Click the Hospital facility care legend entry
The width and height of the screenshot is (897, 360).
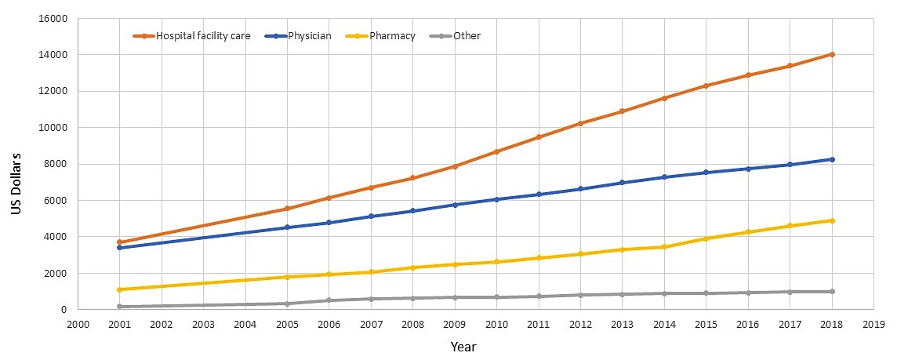(x=202, y=35)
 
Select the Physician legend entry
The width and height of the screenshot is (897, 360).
(x=309, y=35)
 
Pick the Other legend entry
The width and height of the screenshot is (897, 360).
(x=467, y=35)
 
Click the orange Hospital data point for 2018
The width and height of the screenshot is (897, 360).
(x=832, y=54)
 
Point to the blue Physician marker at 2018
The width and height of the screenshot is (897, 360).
(x=832, y=159)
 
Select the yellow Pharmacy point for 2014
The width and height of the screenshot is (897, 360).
(x=664, y=247)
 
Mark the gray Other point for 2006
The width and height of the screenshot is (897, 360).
(x=329, y=300)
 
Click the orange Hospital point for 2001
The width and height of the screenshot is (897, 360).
(x=119, y=242)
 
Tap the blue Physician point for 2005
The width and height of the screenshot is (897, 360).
(x=287, y=227)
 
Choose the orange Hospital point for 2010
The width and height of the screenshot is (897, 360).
(x=496, y=151)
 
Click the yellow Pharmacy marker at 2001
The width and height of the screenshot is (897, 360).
(x=119, y=289)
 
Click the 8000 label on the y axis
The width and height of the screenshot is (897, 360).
(x=56, y=164)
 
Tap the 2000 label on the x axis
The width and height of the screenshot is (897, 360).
(x=77, y=324)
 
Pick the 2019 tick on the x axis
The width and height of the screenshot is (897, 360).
(x=873, y=324)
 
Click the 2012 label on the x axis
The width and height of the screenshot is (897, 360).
(x=580, y=324)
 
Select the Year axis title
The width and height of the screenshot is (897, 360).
(x=463, y=346)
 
